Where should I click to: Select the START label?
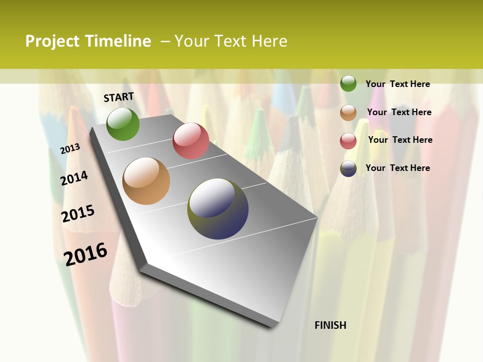[119, 97]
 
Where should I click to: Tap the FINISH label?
[331, 325]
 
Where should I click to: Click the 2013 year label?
[70, 148]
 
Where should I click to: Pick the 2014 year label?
[74, 178]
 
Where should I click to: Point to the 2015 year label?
[78, 213]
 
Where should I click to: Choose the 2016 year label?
[86, 254]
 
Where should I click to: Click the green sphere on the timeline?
[123, 124]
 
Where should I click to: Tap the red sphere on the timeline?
[191, 140]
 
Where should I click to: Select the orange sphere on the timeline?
[146, 181]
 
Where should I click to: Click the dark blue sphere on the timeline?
[218, 208]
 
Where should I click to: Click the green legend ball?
[348, 83]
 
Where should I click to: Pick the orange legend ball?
[348, 112]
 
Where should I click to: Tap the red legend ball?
[348, 140]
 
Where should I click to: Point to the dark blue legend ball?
[348, 168]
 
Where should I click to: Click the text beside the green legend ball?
[397, 84]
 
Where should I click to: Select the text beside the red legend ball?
[400, 140]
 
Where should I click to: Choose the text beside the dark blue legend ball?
[397, 168]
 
